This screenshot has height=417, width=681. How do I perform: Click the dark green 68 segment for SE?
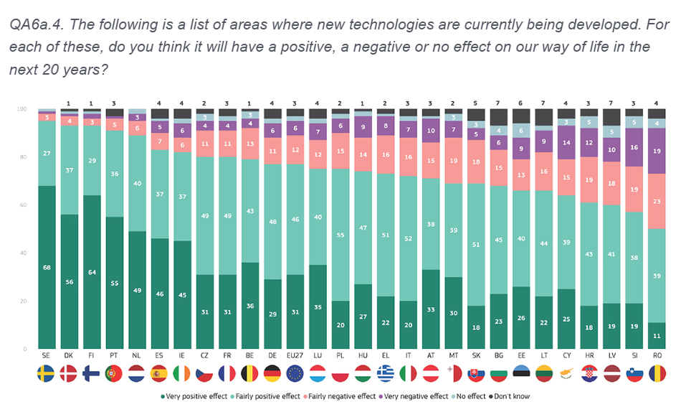click(x=47, y=267)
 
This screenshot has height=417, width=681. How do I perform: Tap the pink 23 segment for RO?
click(x=656, y=202)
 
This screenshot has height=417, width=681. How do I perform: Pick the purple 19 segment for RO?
click(x=656, y=151)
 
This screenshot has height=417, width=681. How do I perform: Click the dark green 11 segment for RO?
click(x=656, y=335)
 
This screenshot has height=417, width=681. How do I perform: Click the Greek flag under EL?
click(x=386, y=373)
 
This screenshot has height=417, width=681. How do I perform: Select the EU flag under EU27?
click(x=295, y=373)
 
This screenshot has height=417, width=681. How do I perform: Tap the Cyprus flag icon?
click(x=566, y=373)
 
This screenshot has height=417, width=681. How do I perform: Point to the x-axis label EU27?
click(x=295, y=356)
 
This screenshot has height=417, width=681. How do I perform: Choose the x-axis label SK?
click(x=476, y=356)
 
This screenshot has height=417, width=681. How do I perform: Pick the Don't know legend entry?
click(x=512, y=396)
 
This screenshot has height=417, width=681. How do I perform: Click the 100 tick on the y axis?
click(x=22, y=109)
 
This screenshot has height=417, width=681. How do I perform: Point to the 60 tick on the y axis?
click(x=23, y=205)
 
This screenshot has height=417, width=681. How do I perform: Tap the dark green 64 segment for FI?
click(x=92, y=272)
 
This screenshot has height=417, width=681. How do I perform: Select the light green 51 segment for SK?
click(x=476, y=244)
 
